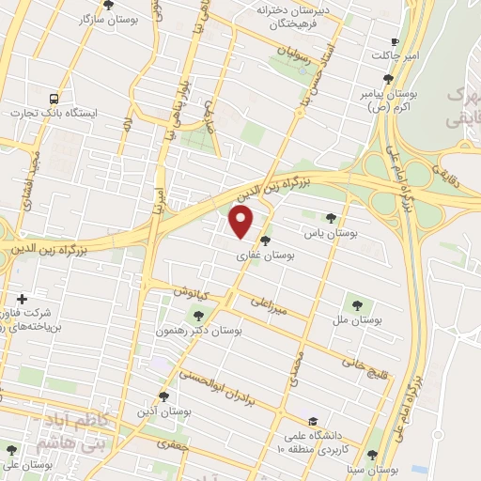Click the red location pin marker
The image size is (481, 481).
242,222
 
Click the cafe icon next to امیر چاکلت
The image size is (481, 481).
394,42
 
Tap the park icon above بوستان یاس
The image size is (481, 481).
330,217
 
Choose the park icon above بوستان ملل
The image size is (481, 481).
356,303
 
